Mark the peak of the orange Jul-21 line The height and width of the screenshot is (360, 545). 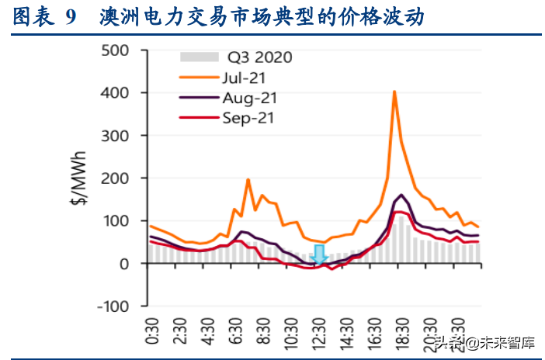pos(394,92)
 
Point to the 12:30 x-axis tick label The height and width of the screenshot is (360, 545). pos(320,330)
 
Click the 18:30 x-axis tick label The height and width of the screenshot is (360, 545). pos(403,330)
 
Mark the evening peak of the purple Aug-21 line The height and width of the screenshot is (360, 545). pos(401,195)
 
